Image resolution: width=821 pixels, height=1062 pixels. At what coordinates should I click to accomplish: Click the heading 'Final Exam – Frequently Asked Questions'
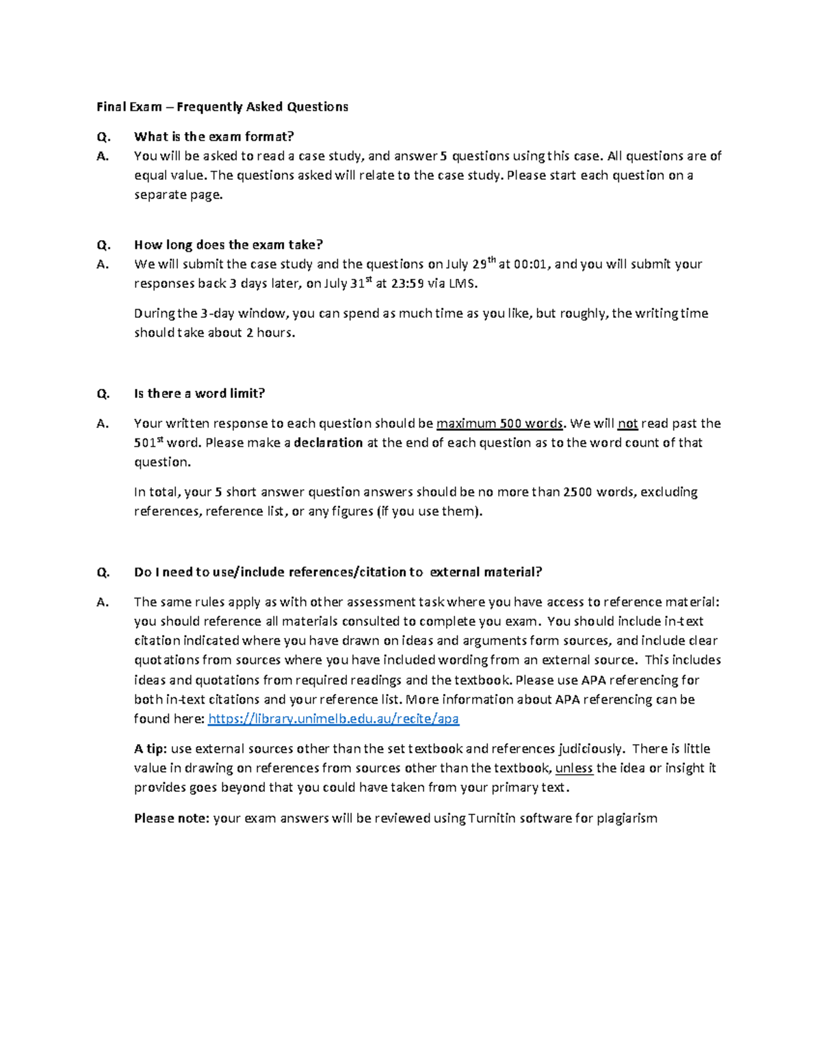222,107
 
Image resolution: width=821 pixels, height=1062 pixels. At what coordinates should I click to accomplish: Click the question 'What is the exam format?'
214,137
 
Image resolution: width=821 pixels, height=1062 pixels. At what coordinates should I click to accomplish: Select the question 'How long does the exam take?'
228,245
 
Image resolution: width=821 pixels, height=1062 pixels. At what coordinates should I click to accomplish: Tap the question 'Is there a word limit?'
199,393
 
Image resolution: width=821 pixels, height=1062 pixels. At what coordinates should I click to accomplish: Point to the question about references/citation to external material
338,572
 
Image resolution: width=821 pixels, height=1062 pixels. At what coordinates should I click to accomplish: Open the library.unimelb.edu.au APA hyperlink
333,719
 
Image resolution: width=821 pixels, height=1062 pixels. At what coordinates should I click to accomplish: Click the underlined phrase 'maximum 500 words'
499,423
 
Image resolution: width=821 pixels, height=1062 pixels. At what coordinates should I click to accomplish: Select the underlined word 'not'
627,423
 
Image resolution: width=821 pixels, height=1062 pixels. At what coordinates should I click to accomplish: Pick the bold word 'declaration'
328,442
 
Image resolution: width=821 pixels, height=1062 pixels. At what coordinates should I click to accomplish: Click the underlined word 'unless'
574,768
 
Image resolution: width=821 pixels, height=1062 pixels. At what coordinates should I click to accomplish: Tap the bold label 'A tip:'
151,749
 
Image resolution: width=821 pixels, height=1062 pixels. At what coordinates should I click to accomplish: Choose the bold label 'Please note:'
172,818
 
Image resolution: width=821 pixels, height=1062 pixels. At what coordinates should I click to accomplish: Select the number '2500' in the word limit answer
577,492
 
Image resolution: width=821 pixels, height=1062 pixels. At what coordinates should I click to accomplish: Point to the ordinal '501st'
148,442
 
